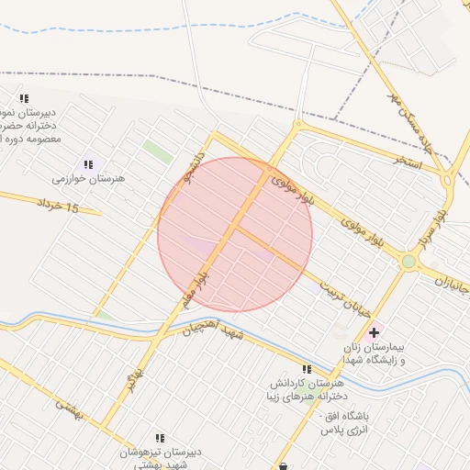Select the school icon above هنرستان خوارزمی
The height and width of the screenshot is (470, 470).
(88, 162)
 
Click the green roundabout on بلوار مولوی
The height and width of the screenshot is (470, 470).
(408, 263)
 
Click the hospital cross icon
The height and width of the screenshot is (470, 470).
(374, 332)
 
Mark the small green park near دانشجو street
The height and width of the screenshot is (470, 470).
(158, 152)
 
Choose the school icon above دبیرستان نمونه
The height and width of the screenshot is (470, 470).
(24, 98)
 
